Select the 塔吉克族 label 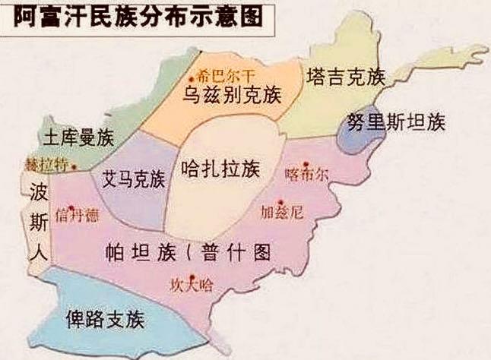(x=347, y=77)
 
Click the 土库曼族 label (x=78, y=139)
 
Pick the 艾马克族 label (x=133, y=179)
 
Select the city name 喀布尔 (x=307, y=173)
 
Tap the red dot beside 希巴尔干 (x=192, y=77)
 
